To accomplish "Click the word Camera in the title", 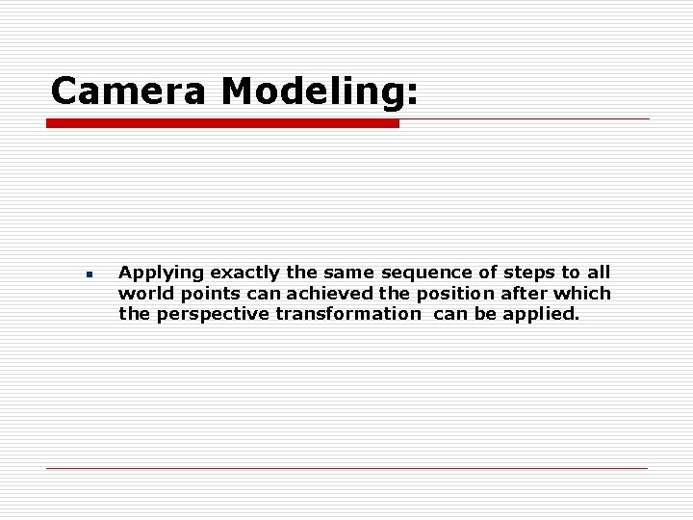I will coord(130,91).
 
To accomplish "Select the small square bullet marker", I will coord(88,274).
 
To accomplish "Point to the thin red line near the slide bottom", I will coord(346,468).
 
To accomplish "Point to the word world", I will coord(141,293).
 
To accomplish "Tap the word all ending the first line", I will coord(598,274).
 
